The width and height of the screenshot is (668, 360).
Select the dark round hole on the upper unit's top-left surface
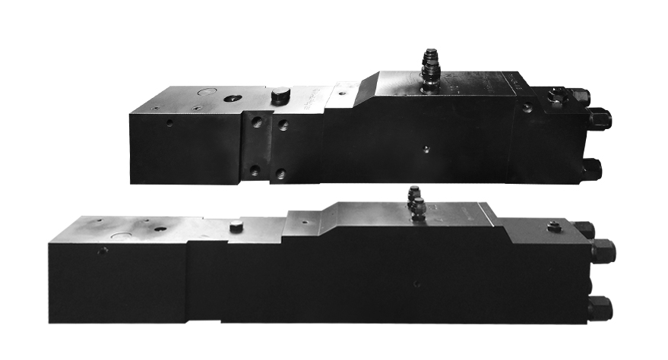230,99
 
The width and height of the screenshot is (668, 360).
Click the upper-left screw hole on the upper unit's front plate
257,122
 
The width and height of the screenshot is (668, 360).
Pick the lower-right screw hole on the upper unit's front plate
282,173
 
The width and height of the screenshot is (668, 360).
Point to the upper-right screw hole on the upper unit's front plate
283,124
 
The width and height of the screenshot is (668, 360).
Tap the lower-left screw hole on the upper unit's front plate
255,171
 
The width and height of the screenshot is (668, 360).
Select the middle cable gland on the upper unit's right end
600,118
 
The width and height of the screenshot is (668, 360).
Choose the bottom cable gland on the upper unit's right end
592,167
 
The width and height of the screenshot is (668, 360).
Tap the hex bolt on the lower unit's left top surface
236,226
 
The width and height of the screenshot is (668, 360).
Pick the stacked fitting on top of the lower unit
416,203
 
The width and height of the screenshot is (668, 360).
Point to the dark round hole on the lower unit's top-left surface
159,228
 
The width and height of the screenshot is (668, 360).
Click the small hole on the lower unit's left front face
103,250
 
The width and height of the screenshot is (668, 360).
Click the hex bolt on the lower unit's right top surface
554,226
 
